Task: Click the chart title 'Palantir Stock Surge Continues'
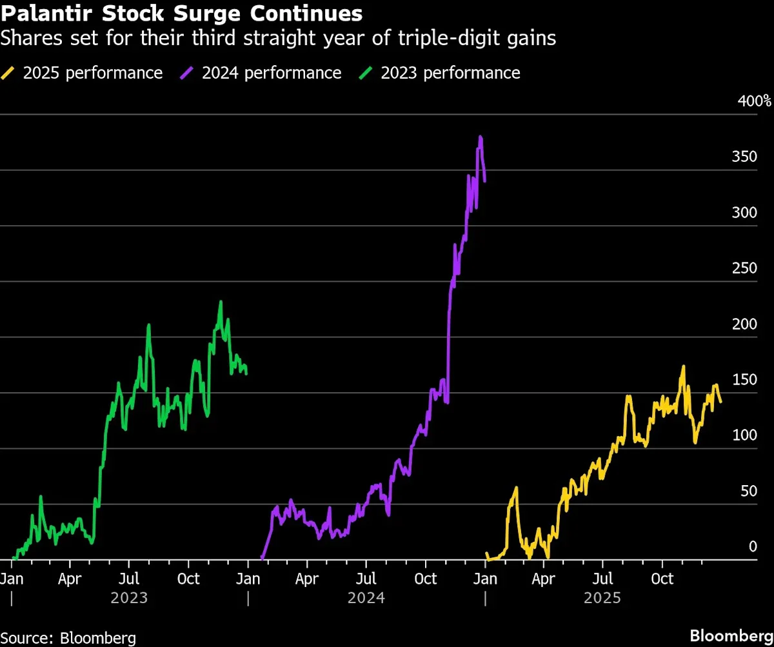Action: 181,13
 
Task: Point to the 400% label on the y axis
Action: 754,101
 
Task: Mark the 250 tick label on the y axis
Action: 744,268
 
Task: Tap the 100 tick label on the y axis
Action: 744,435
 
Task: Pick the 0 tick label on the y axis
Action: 752,547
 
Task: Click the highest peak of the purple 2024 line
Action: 481,137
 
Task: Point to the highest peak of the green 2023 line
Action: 221,302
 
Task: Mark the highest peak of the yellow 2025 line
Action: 683,367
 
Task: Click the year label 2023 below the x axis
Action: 129,598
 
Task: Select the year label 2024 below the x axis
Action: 366,598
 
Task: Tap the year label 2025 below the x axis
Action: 602,598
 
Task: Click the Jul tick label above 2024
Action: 366,579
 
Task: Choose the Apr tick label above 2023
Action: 70,579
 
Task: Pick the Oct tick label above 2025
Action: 662,579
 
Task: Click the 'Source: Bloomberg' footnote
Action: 68,638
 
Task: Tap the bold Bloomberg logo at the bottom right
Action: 731,635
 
